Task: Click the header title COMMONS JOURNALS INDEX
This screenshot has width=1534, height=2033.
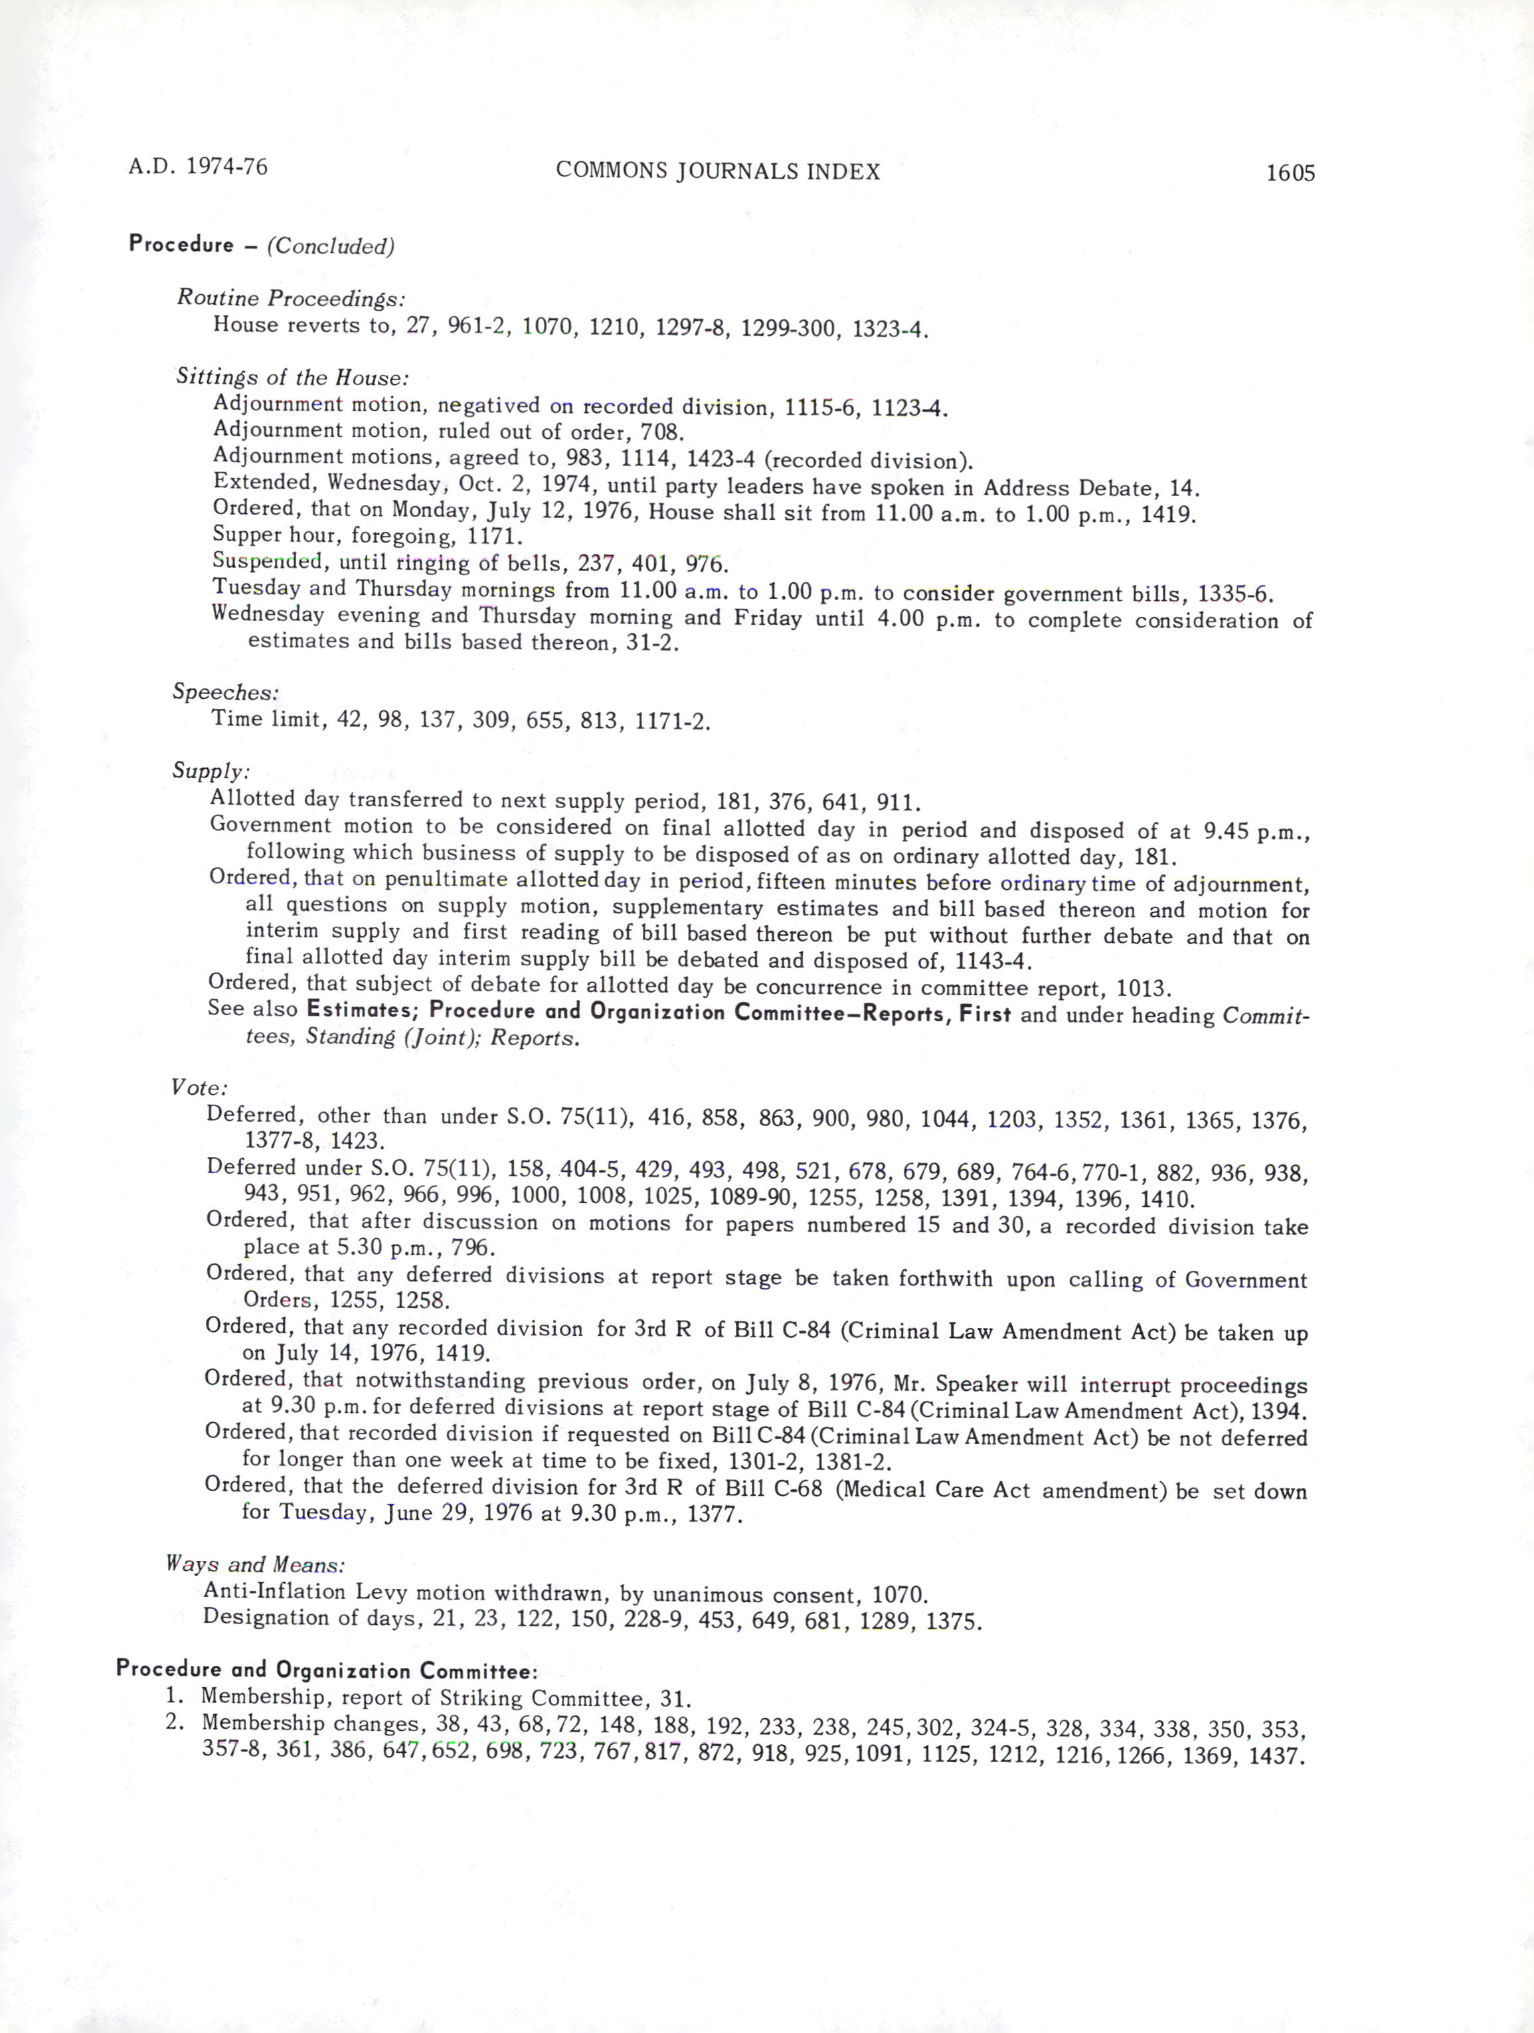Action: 718,171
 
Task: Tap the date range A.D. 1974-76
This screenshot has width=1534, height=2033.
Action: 198,167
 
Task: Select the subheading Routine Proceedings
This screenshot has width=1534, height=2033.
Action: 290,298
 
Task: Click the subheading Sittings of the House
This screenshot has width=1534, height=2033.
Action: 292,377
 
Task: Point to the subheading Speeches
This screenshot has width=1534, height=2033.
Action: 225,692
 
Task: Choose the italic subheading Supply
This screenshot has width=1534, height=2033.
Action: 211,770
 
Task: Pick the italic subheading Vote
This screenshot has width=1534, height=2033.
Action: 199,1088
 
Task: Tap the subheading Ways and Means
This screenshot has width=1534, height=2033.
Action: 254,1564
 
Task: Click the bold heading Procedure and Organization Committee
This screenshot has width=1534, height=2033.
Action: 326,1669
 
